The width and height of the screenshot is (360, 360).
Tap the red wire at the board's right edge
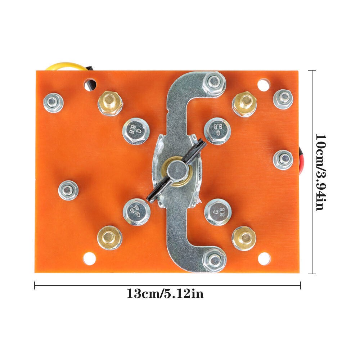point(301,161)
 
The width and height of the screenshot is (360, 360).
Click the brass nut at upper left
point(110,103)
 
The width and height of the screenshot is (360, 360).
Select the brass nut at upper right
point(244,104)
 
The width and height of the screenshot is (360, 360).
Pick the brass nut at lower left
point(109,238)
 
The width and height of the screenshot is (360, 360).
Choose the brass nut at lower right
point(244,238)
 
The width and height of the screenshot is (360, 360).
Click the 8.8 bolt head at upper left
point(136,131)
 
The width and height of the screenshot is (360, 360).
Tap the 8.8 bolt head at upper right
point(217,131)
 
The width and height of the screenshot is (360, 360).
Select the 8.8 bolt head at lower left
point(136,212)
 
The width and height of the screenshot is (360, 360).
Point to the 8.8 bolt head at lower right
point(218,212)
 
